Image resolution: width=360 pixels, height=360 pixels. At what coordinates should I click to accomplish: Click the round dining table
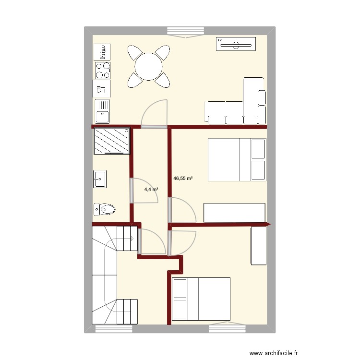click(149, 66)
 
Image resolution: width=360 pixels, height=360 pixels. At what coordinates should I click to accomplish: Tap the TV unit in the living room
click(236, 45)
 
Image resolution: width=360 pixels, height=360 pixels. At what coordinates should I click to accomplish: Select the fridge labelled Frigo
click(102, 52)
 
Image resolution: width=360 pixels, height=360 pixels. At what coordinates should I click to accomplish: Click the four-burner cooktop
click(102, 71)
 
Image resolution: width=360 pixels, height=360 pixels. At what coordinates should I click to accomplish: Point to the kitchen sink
click(102, 111)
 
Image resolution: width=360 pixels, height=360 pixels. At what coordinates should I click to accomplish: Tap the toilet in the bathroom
click(105, 209)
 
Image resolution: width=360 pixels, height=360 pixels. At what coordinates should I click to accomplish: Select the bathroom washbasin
click(100, 179)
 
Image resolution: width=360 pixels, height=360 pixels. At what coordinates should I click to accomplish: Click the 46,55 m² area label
click(183, 179)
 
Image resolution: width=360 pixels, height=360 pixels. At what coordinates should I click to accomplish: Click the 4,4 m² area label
click(152, 190)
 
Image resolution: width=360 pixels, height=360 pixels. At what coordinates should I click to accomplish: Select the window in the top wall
click(186, 31)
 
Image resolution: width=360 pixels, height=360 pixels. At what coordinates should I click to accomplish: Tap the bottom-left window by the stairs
click(113, 329)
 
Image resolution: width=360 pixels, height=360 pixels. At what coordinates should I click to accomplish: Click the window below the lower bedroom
click(228, 328)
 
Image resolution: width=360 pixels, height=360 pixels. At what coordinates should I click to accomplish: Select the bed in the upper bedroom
click(237, 160)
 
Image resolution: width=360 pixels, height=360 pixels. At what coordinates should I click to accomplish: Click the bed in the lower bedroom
click(201, 299)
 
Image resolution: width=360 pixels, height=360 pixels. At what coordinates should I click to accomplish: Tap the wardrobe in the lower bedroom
click(259, 245)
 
